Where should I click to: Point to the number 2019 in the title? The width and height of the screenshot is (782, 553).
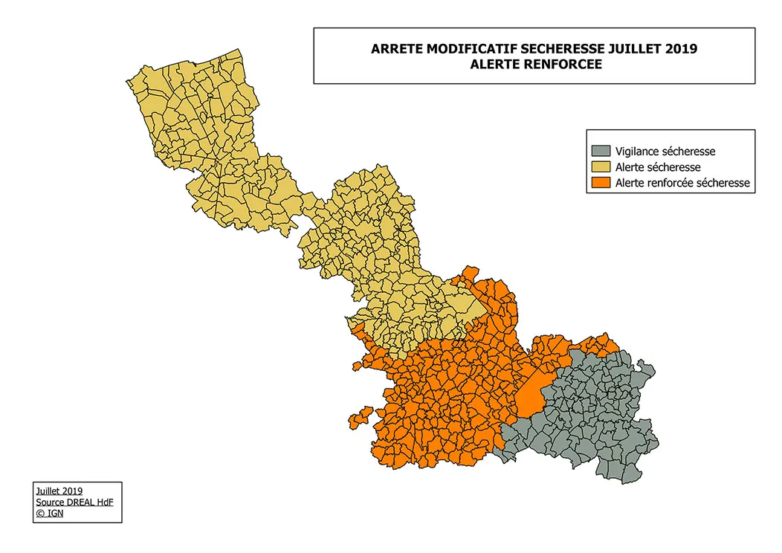680,50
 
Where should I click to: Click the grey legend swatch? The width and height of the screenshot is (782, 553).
601,151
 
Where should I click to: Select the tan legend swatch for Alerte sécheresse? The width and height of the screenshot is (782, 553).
601,166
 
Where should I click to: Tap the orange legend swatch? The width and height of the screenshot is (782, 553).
601,182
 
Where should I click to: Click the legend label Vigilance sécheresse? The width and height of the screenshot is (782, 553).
665,151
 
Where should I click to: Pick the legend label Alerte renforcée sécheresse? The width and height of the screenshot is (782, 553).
682,182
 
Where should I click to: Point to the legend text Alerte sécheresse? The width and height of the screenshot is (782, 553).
658,166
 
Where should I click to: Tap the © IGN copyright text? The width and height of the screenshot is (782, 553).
50,513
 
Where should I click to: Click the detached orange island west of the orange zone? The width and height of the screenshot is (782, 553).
360,417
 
